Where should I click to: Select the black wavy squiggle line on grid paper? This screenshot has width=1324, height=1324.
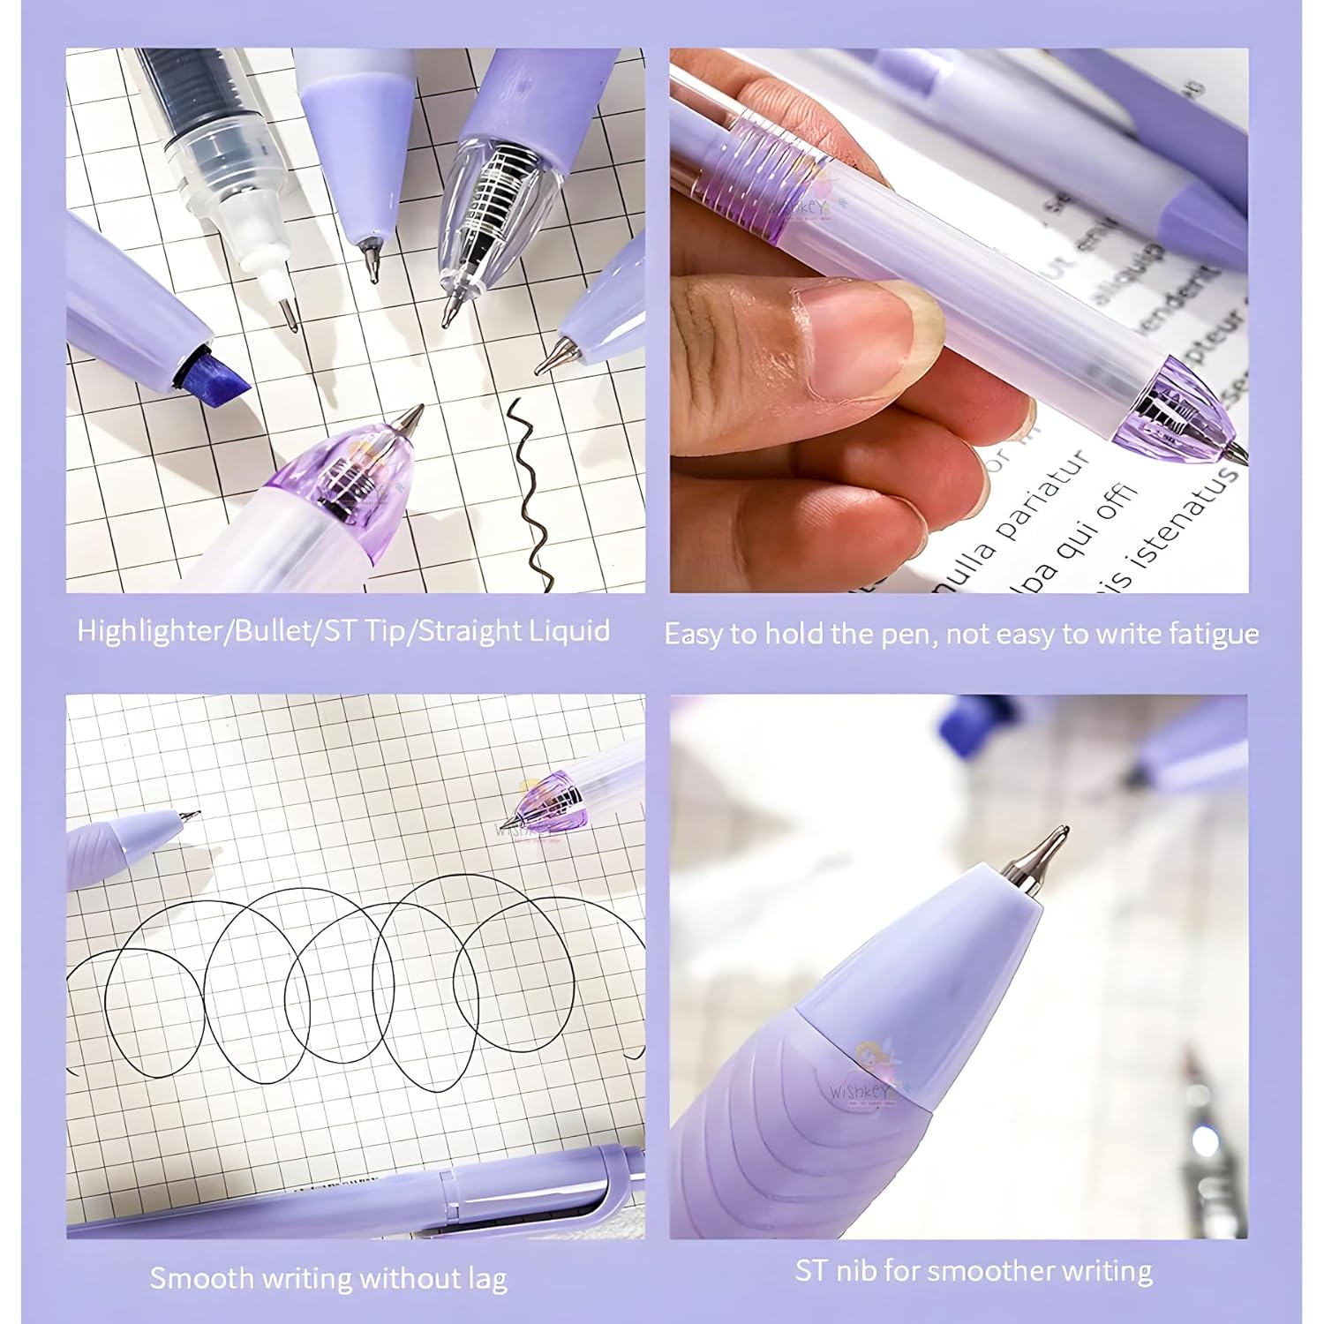(530, 494)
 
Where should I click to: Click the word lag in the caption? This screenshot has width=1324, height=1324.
(487, 1279)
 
